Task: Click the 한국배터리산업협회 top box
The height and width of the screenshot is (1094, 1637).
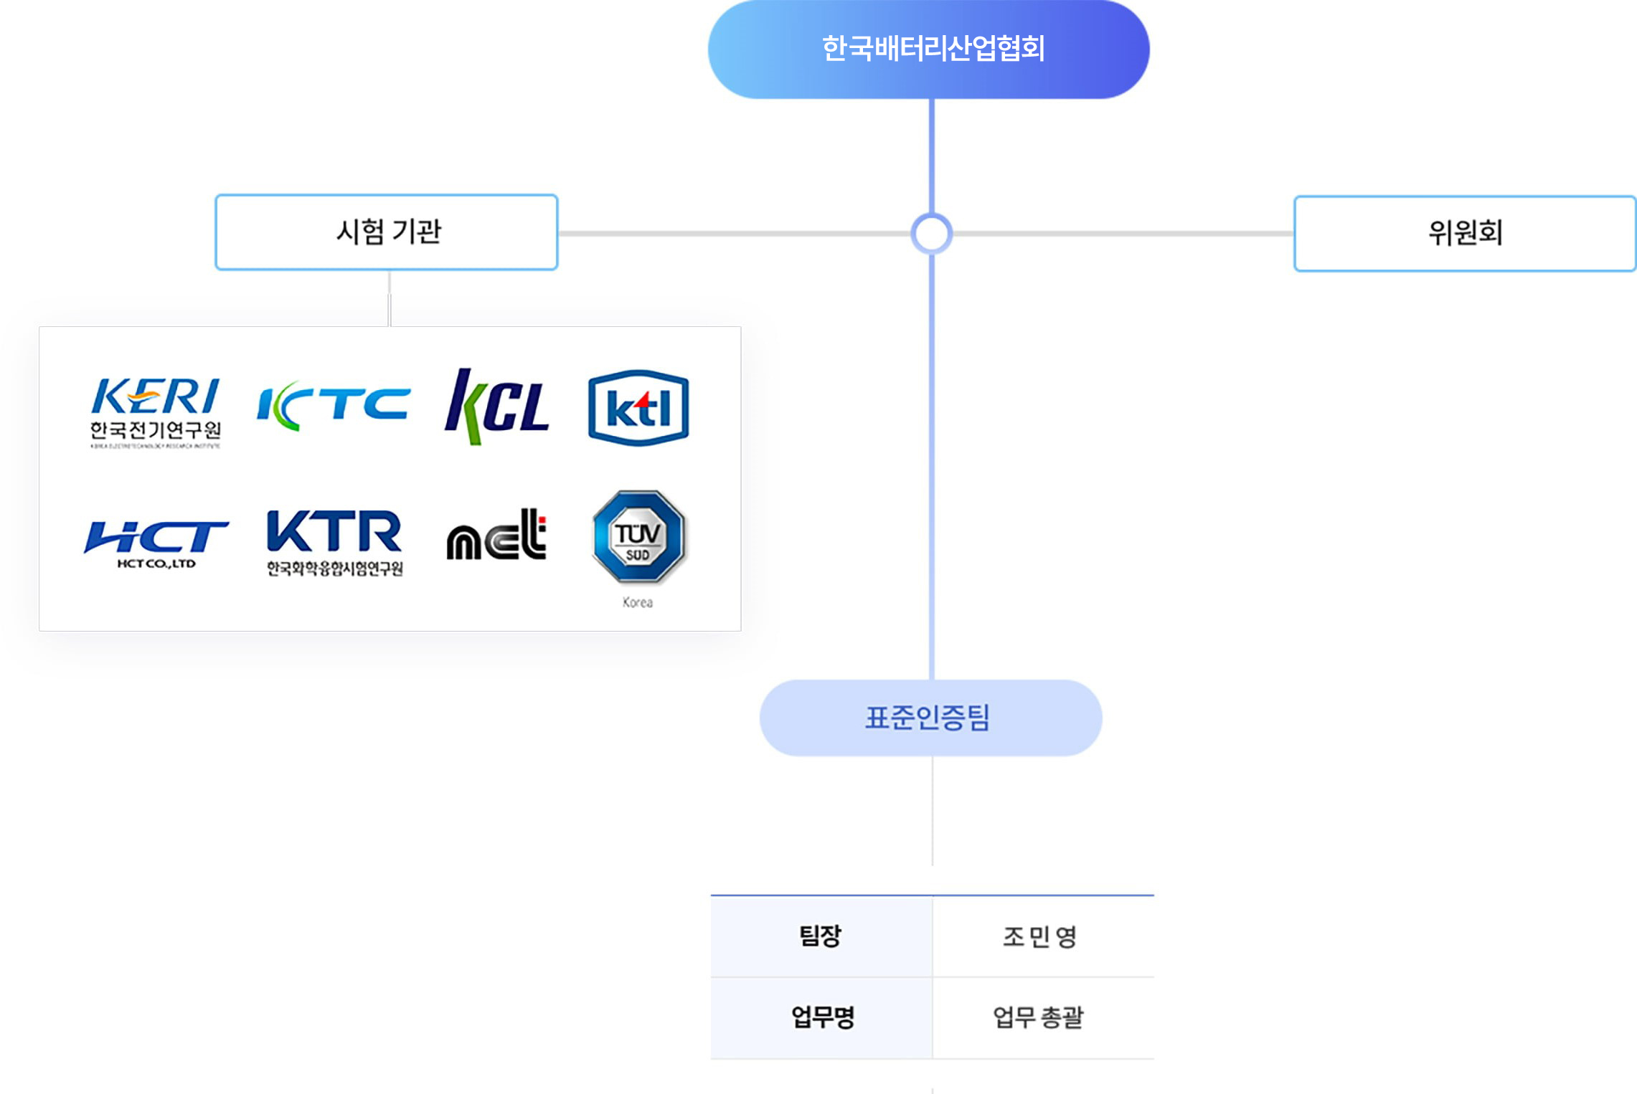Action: pyautogui.click(x=929, y=49)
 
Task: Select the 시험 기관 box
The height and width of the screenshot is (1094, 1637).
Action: pyautogui.click(x=387, y=232)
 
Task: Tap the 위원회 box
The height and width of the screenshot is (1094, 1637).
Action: pyautogui.click(x=1465, y=233)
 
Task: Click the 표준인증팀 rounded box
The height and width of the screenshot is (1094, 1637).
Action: pyautogui.click(x=930, y=718)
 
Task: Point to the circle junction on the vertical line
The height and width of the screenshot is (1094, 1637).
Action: pyautogui.click(x=931, y=234)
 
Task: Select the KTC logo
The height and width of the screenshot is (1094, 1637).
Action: pyautogui.click(x=334, y=406)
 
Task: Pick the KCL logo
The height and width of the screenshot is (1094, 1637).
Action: pyautogui.click(x=496, y=406)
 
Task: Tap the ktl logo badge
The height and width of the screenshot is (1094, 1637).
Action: pyautogui.click(x=638, y=408)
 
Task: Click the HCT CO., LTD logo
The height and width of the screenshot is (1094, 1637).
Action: pyautogui.click(x=156, y=542)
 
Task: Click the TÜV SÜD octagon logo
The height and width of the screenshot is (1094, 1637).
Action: pyautogui.click(x=638, y=536)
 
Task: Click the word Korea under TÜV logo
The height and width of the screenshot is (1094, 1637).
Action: pyautogui.click(x=638, y=602)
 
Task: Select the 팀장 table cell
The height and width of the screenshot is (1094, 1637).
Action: pyautogui.click(x=821, y=936)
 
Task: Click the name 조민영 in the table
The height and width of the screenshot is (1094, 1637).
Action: pyautogui.click(x=1040, y=936)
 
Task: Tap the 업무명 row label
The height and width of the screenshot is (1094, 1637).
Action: pyautogui.click(x=822, y=1017)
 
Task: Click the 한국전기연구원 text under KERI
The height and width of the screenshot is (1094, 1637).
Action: pyautogui.click(x=156, y=430)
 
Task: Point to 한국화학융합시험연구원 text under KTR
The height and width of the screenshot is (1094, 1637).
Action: pyautogui.click(x=335, y=569)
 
